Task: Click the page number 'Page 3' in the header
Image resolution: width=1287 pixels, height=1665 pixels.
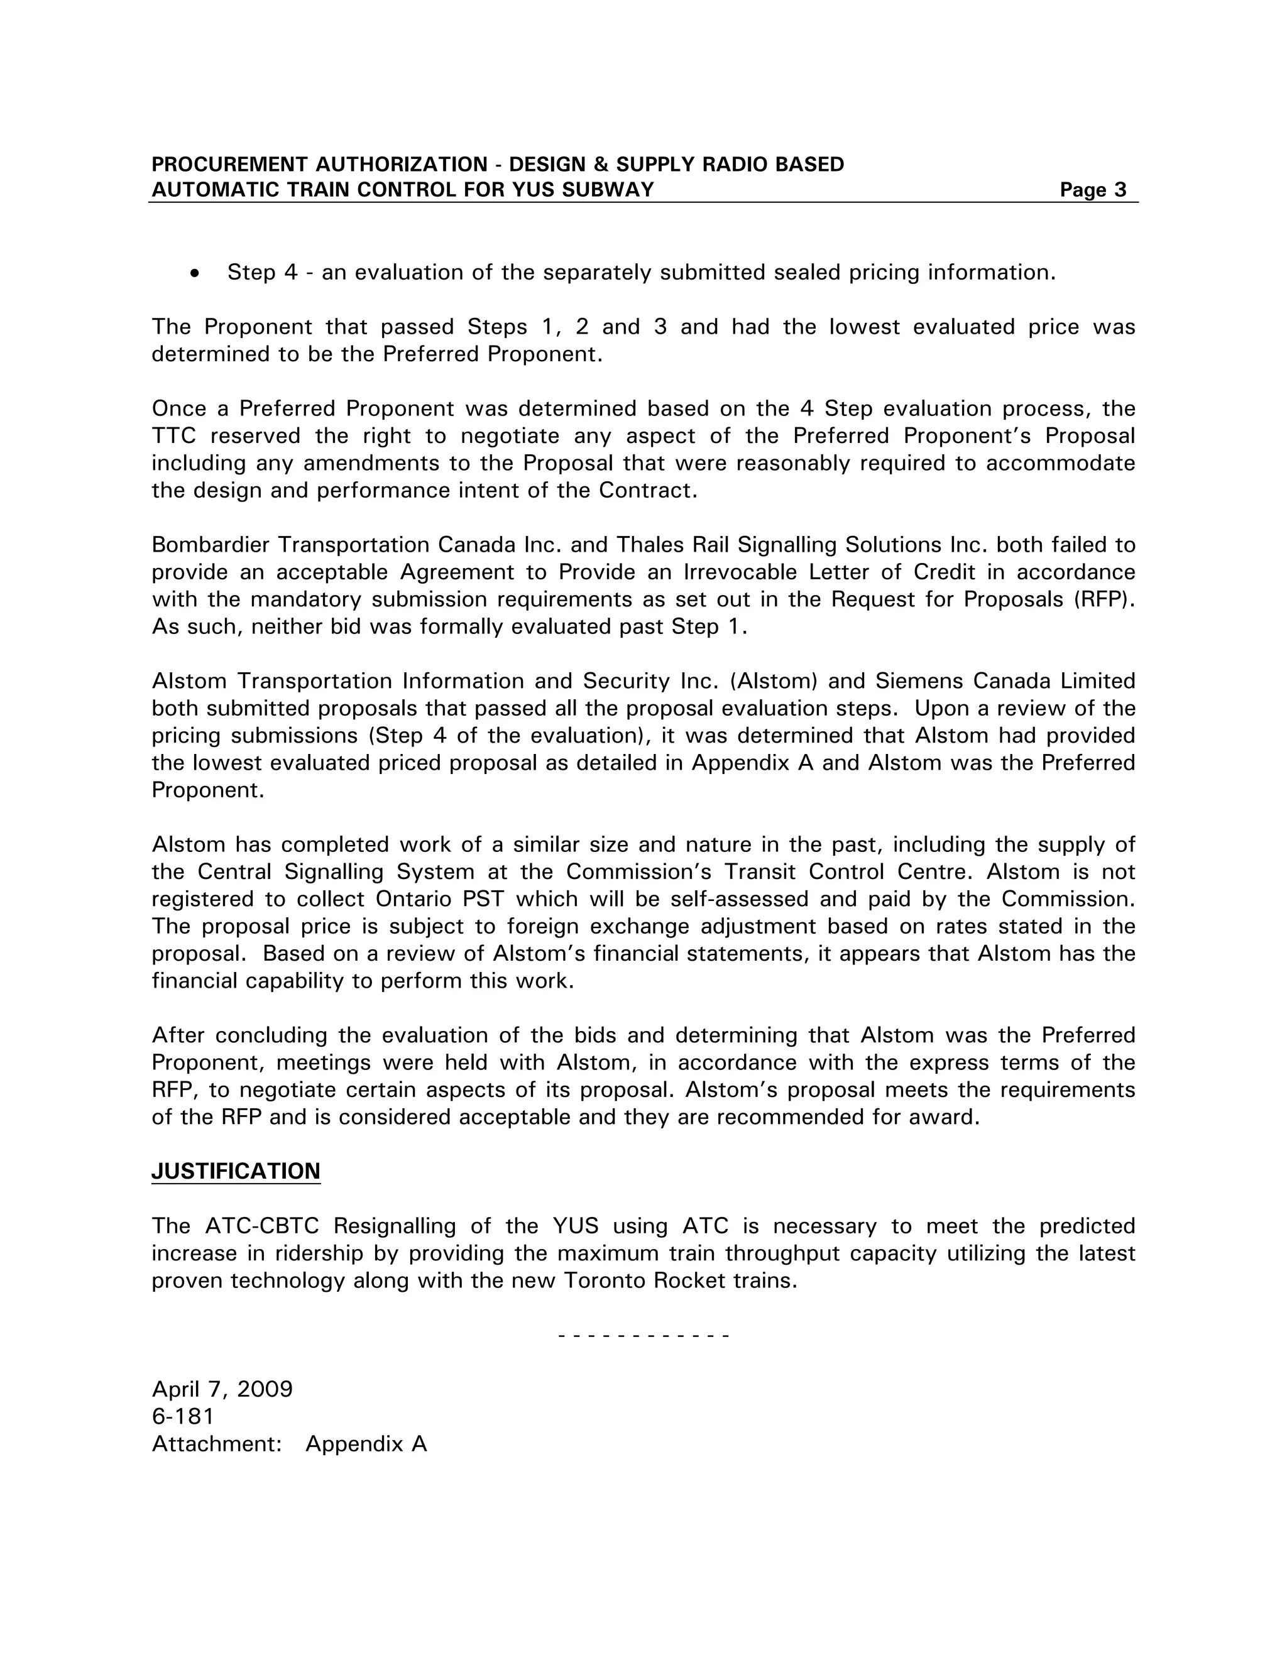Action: pyautogui.click(x=1092, y=190)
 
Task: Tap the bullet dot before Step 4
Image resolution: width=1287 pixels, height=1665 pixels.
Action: pyautogui.click(x=196, y=273)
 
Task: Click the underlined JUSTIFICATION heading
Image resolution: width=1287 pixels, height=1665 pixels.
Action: pyautogui.click(x=236, y=1171)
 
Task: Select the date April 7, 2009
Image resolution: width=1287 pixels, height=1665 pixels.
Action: pyautogui.click(x=222, y=1389)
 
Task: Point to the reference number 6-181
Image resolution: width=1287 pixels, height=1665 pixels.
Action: pyautogui.click(x=183, y=1416)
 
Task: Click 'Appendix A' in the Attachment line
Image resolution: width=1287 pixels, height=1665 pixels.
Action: pyautogui.click(x=366, y=1444)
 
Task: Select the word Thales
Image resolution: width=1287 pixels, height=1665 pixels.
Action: pyautogui.click(x=650, y=545)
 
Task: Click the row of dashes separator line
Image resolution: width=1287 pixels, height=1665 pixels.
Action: pyautogui.click(x=643, y=1336)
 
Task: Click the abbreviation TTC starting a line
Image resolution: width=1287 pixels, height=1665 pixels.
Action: pyautogui.click(x=173, y=436)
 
